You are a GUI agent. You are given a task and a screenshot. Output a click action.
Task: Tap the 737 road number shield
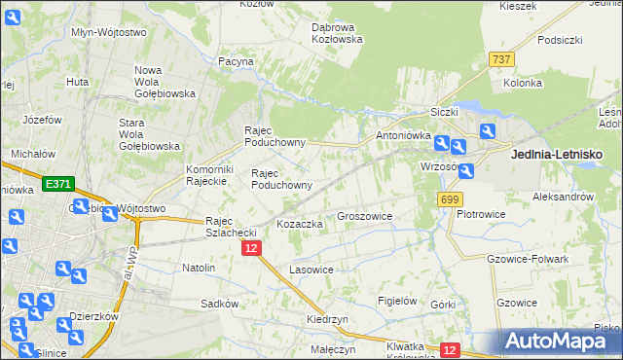[x=502, y=59]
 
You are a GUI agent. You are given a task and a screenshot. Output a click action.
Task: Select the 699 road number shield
[x=449, y=199]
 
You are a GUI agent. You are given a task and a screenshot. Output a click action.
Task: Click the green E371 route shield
[x=59, y=183]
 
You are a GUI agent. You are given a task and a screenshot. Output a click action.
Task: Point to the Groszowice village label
[x=364, y=216]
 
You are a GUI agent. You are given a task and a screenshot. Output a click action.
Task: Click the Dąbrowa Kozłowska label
[x=337, y=33]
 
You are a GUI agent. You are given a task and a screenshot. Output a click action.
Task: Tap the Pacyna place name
[x=236, y=61]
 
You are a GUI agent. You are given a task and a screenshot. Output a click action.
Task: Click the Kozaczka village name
[x=300, y=224]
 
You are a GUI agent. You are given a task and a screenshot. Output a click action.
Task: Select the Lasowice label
[x=311, y=269]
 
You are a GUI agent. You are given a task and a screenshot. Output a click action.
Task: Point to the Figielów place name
[x=397, y=301]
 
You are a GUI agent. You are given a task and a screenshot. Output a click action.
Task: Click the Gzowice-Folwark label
[x=525, y=259]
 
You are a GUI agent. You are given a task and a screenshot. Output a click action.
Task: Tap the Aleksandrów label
[x=563, y=197]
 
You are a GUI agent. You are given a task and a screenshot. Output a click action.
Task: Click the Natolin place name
[x=199, y=267]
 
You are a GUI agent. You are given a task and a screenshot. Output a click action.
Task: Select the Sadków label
[x=220, y=304]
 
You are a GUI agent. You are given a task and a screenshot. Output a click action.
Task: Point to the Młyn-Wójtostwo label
[x=109, y=32]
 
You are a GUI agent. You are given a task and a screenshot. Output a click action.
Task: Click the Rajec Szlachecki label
[x=231, y=227]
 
